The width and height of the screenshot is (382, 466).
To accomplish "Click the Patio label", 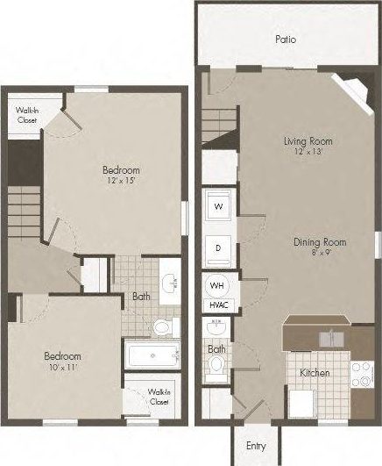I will point(284,39).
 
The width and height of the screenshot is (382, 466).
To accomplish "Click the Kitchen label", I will point(315,373).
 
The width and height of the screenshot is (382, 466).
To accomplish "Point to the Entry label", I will point(256,446).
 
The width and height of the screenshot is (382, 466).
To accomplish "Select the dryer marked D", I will point(218,248).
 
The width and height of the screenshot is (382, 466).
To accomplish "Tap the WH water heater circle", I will point(217,286).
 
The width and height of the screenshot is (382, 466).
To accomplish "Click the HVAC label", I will point(217,305).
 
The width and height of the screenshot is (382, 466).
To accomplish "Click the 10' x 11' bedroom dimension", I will point(62,368).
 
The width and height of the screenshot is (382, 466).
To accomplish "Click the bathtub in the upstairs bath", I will point(152,356).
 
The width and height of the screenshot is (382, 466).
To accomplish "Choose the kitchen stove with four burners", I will point(362,375).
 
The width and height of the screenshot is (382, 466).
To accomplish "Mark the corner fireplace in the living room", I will point(358,88).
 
